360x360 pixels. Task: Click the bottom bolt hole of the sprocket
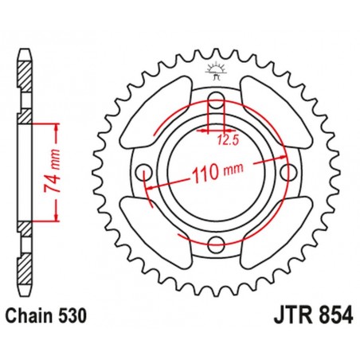coord(216,244)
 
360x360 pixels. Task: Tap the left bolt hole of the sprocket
coord(144,171)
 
